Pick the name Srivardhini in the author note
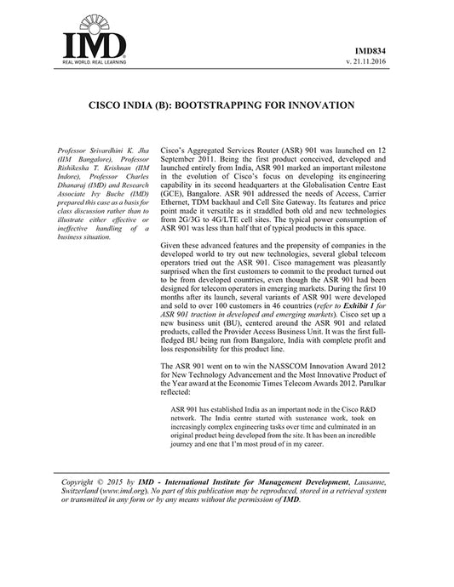click(104, 150)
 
